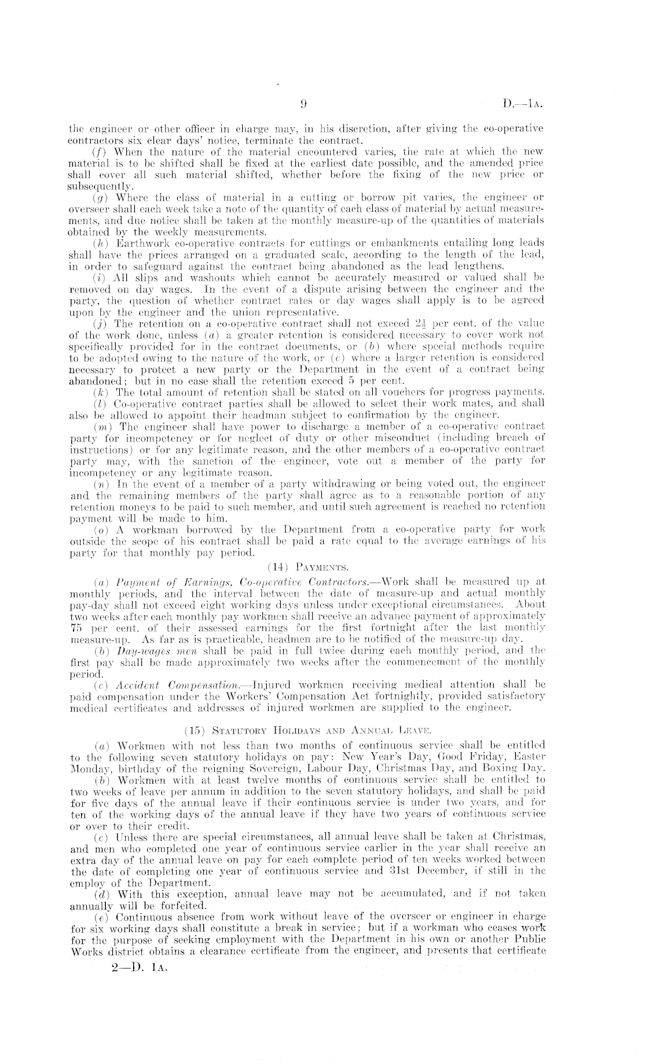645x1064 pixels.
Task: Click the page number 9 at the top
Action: (x=303, y=105)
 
